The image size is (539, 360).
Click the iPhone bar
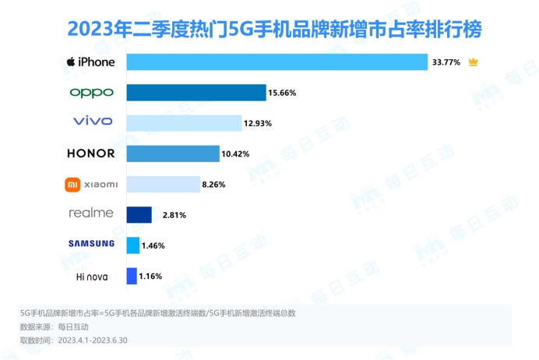[x=277, y=62]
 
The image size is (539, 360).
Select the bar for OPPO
[x=196, y=92]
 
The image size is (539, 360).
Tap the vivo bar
[x=184, y=122]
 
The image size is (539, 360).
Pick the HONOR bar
[x=173, y=153]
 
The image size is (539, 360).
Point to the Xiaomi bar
[x=163, y=184]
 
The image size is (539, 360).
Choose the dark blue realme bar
[x=139, y=214]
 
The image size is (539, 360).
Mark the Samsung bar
[x=132, y=245]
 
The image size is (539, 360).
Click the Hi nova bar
[x=132, y=275]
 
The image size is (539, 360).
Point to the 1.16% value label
[x=152, y=276]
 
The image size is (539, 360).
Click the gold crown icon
[x=473, y=62]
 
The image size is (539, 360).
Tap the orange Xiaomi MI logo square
[x=72, y=184]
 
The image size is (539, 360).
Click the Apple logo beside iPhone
[x=71, y=62]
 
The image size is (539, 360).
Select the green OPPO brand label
[x=91, y=92]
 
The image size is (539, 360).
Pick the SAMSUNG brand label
[x=91, y=244]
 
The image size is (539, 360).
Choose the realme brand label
[x=91, y=213]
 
